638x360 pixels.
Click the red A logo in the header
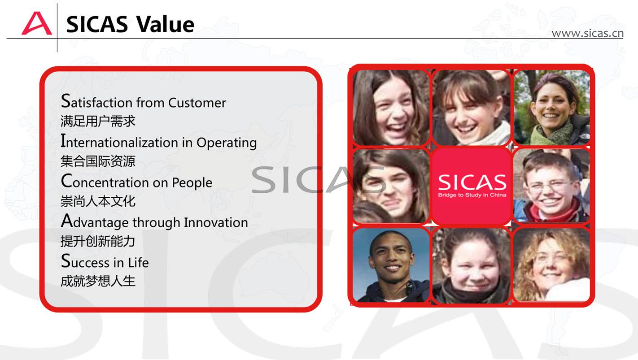37,23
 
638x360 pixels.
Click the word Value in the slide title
165,24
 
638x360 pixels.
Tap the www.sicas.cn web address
588,33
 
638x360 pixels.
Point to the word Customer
197,103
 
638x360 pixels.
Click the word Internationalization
120,141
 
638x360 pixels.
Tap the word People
192,183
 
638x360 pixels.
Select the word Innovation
216,222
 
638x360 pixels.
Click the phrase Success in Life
105,261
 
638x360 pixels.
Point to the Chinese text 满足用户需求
98,121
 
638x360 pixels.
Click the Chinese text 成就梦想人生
98,281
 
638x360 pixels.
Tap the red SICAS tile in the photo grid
472,187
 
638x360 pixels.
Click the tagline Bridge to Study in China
472,195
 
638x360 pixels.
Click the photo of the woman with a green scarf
551,107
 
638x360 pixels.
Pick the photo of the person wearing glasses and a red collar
551,186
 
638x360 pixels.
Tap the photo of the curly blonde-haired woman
551,265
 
